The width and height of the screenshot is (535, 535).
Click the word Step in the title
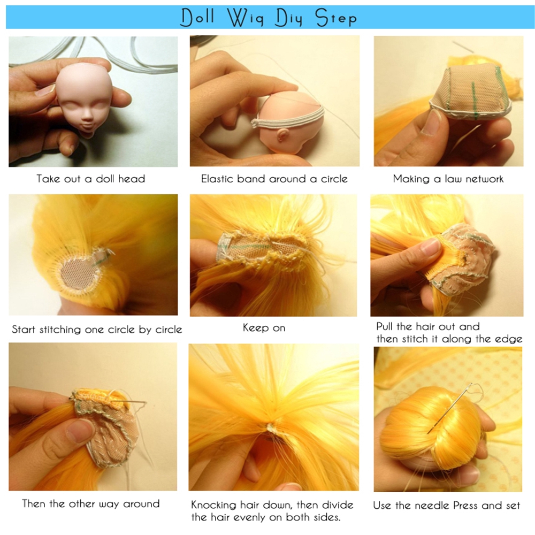click(336, 18)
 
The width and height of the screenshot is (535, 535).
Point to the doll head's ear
click(282, 136)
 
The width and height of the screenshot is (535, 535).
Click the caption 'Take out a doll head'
click(91, 179)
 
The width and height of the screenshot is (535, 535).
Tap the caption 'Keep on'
click(264, 328)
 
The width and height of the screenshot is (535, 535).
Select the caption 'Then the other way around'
click(91, 503)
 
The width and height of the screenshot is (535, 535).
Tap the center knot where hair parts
click(270, 426)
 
